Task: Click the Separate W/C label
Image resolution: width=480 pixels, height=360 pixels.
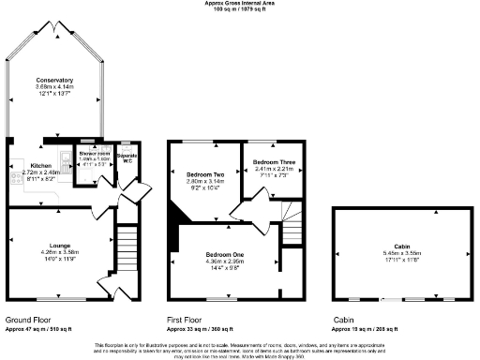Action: tap(127, 157)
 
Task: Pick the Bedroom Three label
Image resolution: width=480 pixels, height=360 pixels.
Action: tap(274, 162)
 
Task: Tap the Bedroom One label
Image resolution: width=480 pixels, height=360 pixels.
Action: tap(225, 254)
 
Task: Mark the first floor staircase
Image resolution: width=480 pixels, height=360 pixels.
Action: tap(293, 223)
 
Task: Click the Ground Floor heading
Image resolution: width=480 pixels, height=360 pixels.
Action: tap(29, 320)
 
